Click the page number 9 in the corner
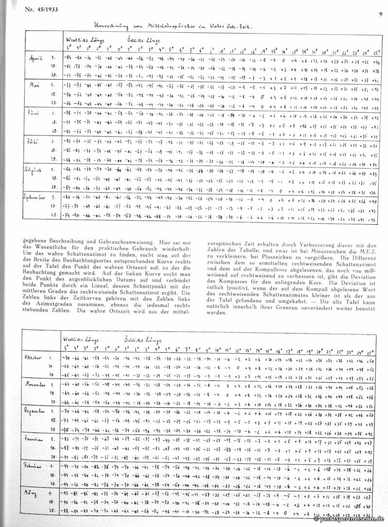tap(380, 6)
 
